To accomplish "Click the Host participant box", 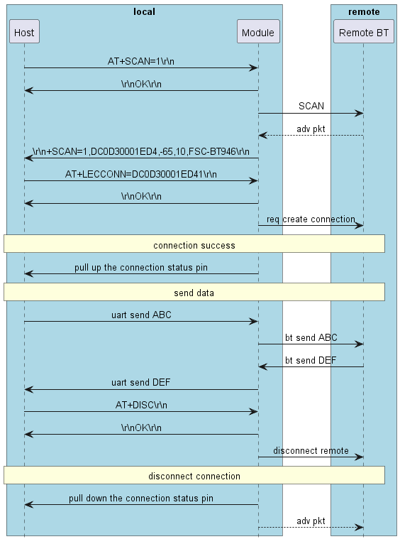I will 24,32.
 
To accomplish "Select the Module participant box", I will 257,32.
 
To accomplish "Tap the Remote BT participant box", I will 363,32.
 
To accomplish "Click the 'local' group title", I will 144,11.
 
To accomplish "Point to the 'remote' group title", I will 363,11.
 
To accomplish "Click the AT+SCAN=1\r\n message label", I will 141,61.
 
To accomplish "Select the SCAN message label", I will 311,106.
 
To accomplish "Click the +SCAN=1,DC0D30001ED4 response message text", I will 141,151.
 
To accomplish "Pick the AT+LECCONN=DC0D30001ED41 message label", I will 141,173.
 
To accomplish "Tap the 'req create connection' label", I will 311,219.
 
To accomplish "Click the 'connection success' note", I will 194,244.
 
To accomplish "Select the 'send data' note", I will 194,292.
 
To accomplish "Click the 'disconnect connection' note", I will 194,475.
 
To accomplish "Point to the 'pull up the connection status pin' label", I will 141,268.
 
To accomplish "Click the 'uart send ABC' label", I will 141,315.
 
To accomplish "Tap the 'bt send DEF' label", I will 311,360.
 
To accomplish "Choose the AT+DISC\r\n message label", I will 141,405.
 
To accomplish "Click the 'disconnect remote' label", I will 311,450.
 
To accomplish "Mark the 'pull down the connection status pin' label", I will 141,498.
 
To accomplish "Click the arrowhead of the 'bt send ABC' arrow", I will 360,344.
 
